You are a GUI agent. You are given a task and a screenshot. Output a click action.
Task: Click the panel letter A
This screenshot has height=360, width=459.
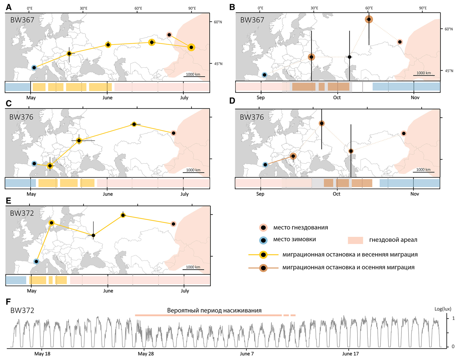(x=9, y=7)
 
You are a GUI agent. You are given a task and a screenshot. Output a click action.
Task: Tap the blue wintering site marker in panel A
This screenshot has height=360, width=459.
(x=34, y=68)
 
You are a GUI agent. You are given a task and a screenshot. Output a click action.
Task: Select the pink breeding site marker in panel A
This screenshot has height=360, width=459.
(x=169, y=35)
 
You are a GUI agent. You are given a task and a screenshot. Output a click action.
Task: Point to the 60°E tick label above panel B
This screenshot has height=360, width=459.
(x=369, y=8)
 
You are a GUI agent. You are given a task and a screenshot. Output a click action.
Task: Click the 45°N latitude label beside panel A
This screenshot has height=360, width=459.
(x=218, y=64)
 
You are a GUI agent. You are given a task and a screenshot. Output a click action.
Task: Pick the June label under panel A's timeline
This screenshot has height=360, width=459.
(x=108, y=98)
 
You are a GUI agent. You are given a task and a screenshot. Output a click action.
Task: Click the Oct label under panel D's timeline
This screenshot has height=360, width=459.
(x=337, y=194)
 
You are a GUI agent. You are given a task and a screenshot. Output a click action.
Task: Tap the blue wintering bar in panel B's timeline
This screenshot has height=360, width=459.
(x=406, y=87)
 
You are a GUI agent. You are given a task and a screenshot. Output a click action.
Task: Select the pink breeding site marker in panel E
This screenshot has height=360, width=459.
(x=173, y=224)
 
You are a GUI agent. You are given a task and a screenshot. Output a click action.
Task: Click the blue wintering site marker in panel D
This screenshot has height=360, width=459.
(x=265, y=165)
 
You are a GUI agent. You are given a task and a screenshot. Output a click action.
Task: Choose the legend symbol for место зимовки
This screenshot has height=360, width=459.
(x=263, y=240)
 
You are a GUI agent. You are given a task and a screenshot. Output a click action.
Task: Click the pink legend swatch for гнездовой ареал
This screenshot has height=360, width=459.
(x=355, y=240)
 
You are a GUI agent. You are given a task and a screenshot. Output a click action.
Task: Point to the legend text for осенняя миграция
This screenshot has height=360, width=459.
(x=348, y=268)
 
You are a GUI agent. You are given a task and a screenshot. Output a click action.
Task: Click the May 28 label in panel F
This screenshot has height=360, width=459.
(x=146, y=354)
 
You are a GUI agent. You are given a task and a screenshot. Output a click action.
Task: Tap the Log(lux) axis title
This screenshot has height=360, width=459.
(x=443, y=309)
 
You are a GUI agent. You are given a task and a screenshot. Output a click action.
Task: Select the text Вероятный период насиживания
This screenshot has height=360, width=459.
(x=214, y=311)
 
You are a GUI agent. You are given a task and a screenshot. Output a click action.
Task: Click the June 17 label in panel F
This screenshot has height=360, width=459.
(x=350, y=354)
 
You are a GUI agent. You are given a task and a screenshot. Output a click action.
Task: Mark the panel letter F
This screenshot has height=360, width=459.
(x=9, y=301)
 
